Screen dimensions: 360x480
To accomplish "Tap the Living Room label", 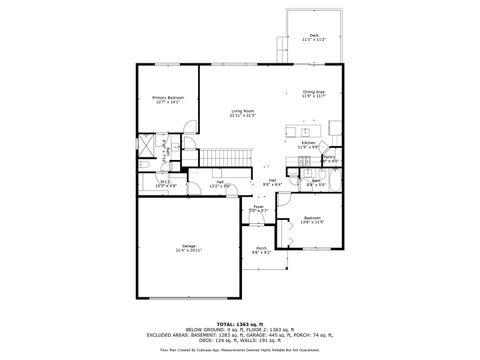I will [242, 112].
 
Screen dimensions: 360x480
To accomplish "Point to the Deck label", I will [315, 35].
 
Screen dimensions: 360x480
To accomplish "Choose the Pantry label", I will [329, 156].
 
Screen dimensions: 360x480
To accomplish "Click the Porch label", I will [261, 248].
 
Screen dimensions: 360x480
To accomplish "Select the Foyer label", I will [257, 207].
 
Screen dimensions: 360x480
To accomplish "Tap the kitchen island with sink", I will [300, 129].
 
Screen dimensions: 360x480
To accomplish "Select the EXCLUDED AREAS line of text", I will [240, 337].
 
